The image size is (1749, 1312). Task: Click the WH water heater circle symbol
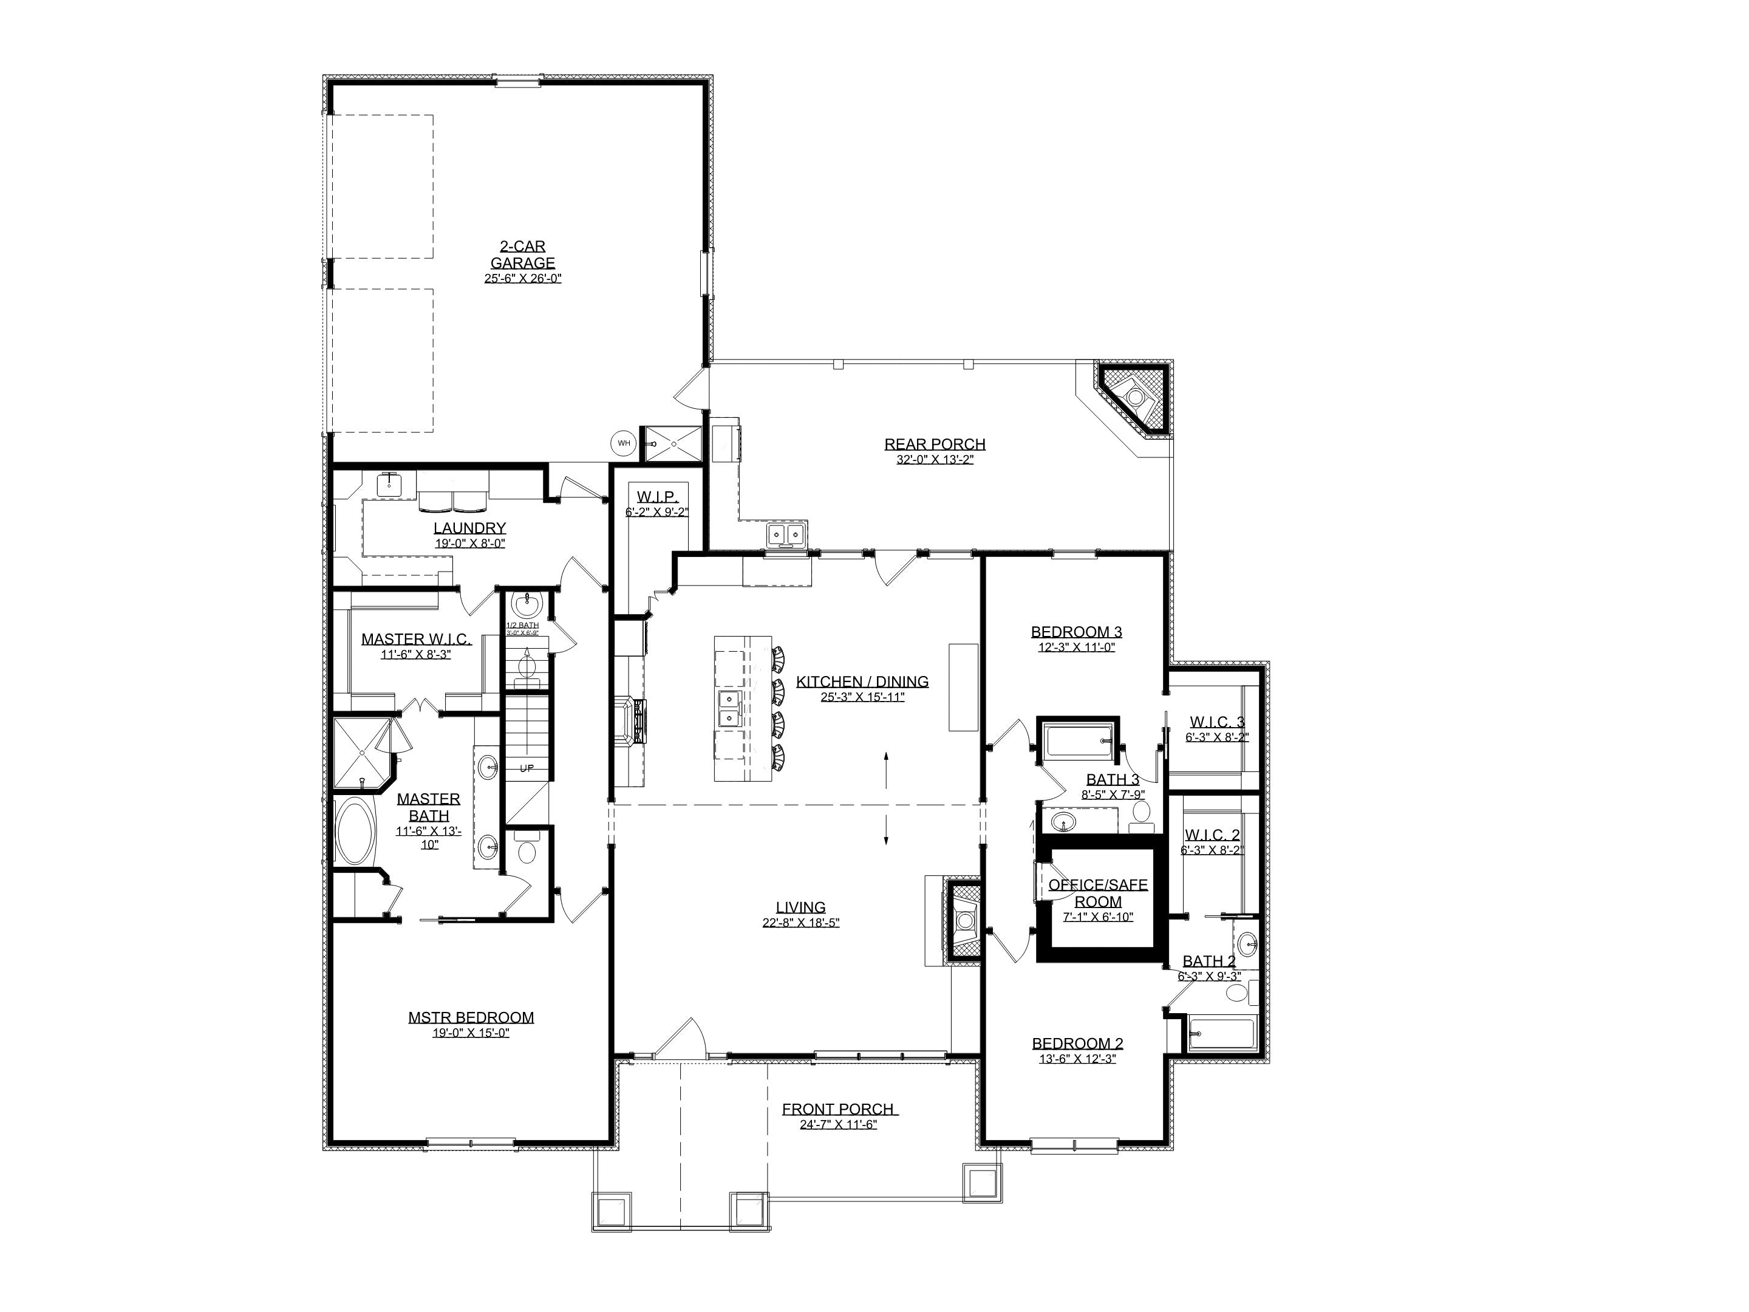pyautogui.click(x=624, y=443)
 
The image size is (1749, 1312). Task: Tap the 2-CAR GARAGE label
pyautogui.click(x=523, y=255)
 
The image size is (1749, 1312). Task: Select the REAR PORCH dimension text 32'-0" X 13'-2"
pyautogui.click(x=935, y=459)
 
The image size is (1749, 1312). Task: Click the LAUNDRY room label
pyautogui.click(x=469, y=527)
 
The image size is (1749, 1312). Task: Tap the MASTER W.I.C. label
pyautogui.click(x=416, y=638)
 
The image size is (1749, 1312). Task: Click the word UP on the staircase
pyautogui.click(x=527, y=768)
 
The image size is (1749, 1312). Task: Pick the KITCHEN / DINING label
pyautogui.click(x=862, y=681)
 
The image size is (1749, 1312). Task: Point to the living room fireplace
pyautogui.click(x=964, y=921)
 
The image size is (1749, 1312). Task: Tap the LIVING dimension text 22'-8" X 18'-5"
pyautogui.click(x=800, y=923)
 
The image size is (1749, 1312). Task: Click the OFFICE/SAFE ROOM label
pyautogui.click(x=1097, y=893)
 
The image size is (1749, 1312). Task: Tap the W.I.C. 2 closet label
pyautogui.click(x=1212, y=835)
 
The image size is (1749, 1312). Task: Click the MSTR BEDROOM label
pyautogui.click(x=471, y=1017)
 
